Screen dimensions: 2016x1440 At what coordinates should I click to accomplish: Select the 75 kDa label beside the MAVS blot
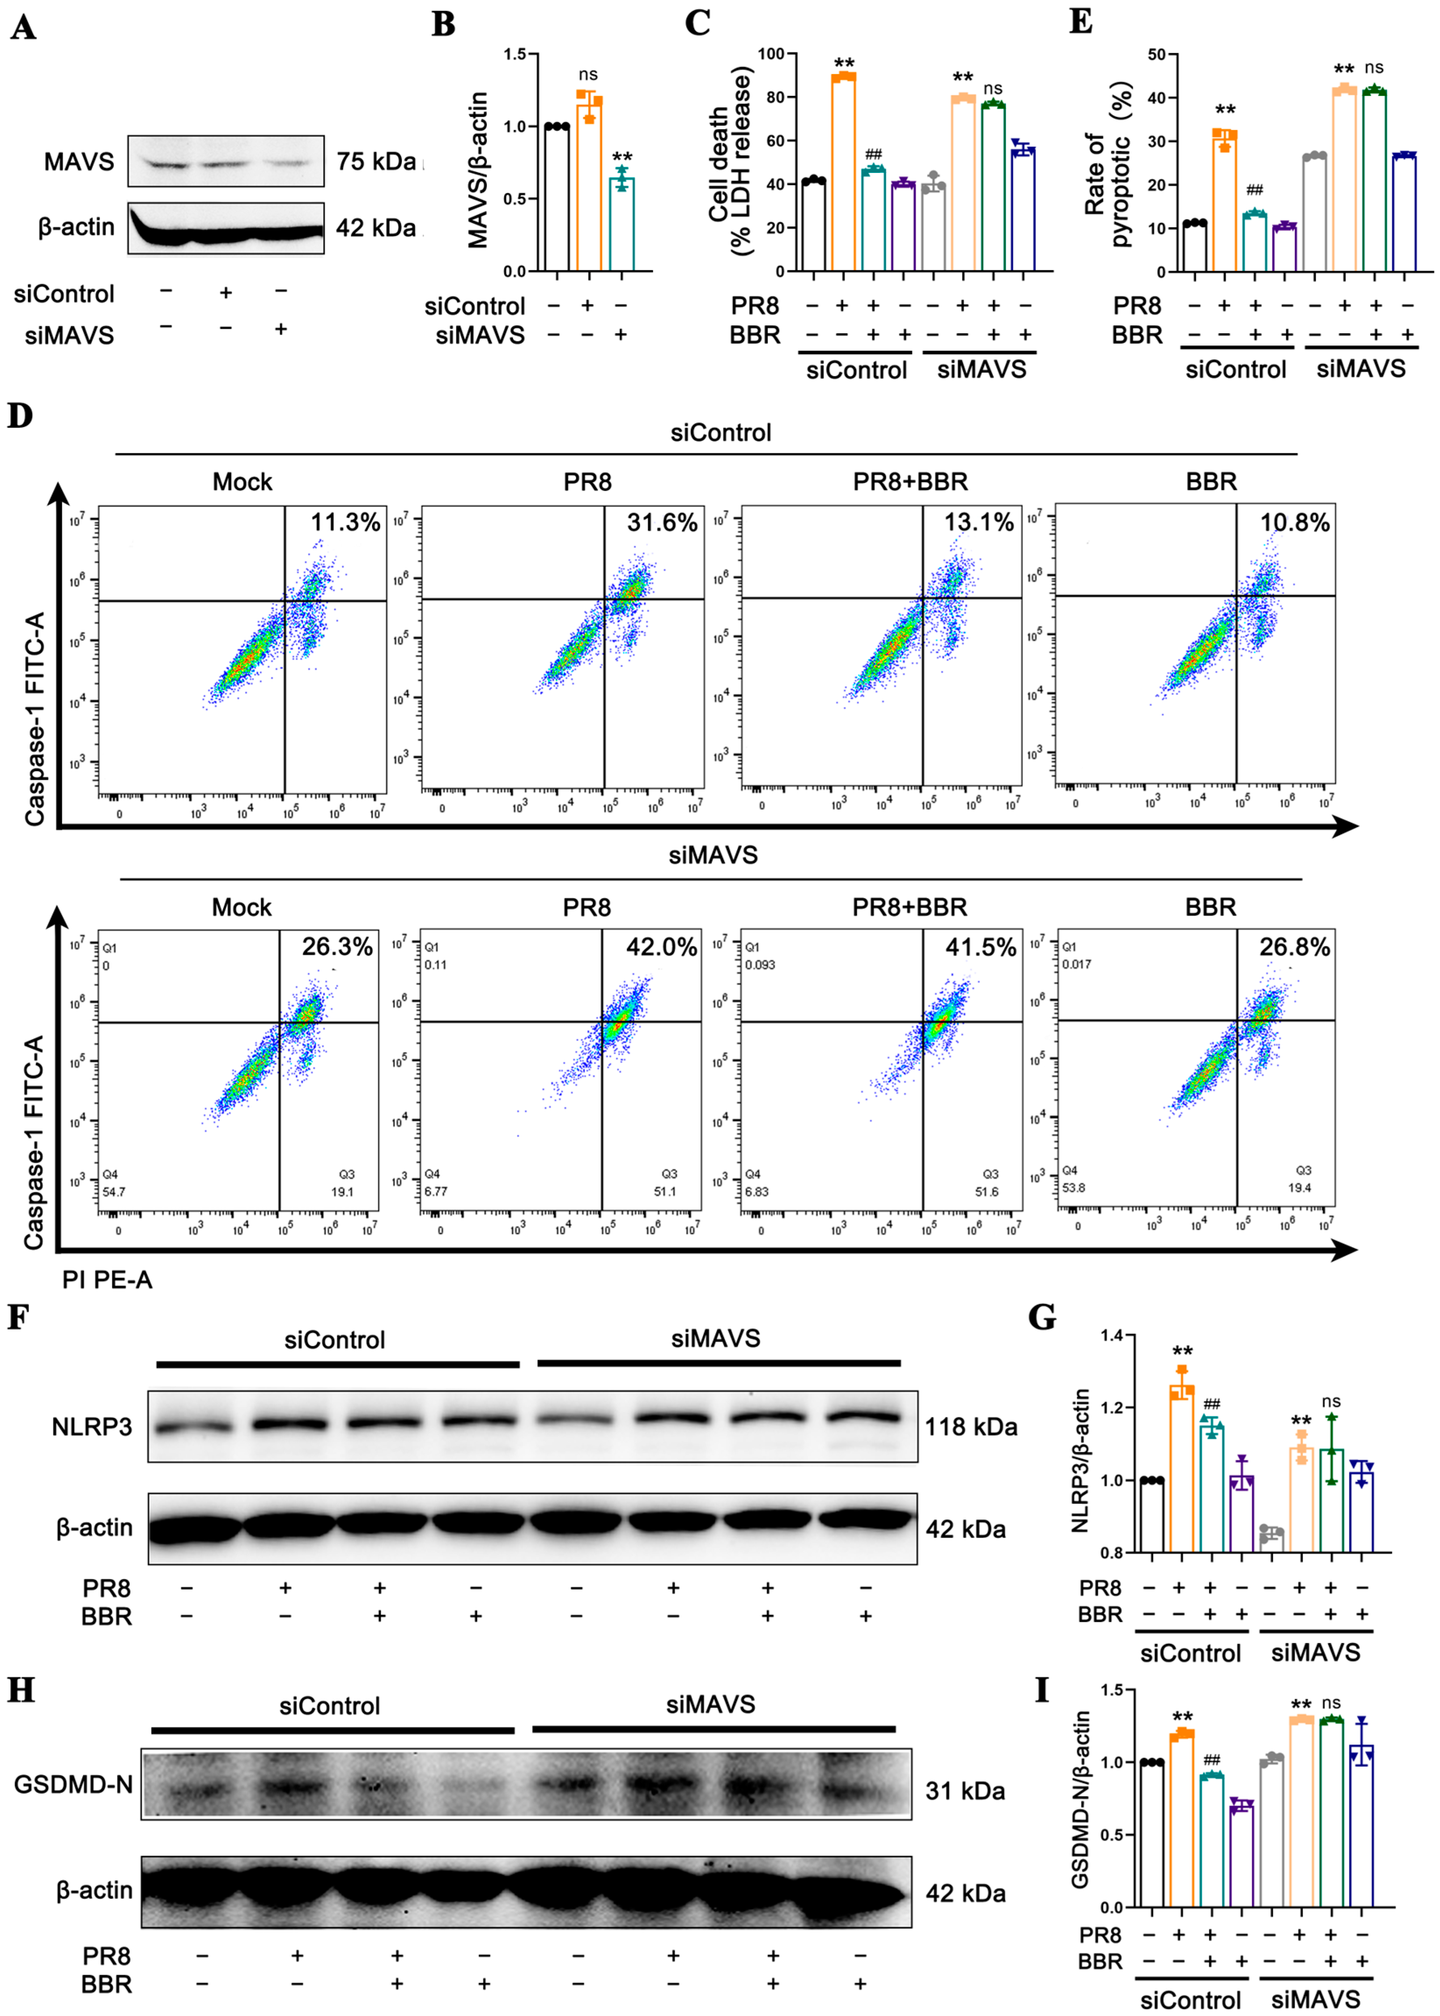click(x=376, y=162)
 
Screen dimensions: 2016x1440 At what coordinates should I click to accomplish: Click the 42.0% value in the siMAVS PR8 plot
click(x=661, y=947)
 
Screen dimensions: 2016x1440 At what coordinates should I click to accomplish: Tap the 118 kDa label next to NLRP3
click(x=971, y=1427)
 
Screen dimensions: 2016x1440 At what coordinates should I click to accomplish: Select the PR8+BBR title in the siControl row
click(x=910, y=482)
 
